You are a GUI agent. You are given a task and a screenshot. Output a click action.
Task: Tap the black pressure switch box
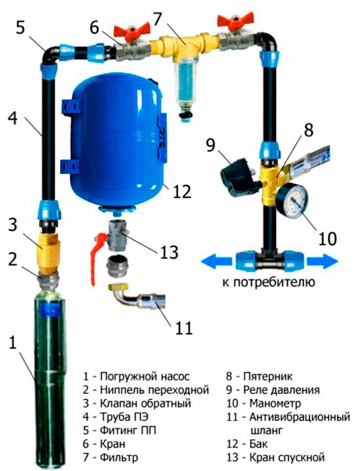237,178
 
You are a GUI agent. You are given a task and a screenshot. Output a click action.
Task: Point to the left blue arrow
217,261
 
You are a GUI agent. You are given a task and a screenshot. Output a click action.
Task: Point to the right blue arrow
322,261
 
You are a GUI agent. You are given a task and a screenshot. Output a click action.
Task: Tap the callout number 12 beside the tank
182,191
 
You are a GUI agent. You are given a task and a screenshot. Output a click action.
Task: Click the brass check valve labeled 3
50,253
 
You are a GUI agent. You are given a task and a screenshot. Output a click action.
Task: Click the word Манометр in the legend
275,403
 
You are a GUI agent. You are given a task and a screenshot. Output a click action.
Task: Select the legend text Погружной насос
145,376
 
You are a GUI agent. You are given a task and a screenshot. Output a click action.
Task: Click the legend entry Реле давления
281,390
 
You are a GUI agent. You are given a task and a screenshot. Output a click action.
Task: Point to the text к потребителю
268,282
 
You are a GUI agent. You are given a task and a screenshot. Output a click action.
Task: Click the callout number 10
327,239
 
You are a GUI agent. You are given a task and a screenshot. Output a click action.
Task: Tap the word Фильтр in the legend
119,457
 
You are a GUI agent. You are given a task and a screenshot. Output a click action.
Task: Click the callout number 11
184,328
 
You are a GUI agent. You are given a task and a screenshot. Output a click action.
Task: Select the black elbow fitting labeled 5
50,56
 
